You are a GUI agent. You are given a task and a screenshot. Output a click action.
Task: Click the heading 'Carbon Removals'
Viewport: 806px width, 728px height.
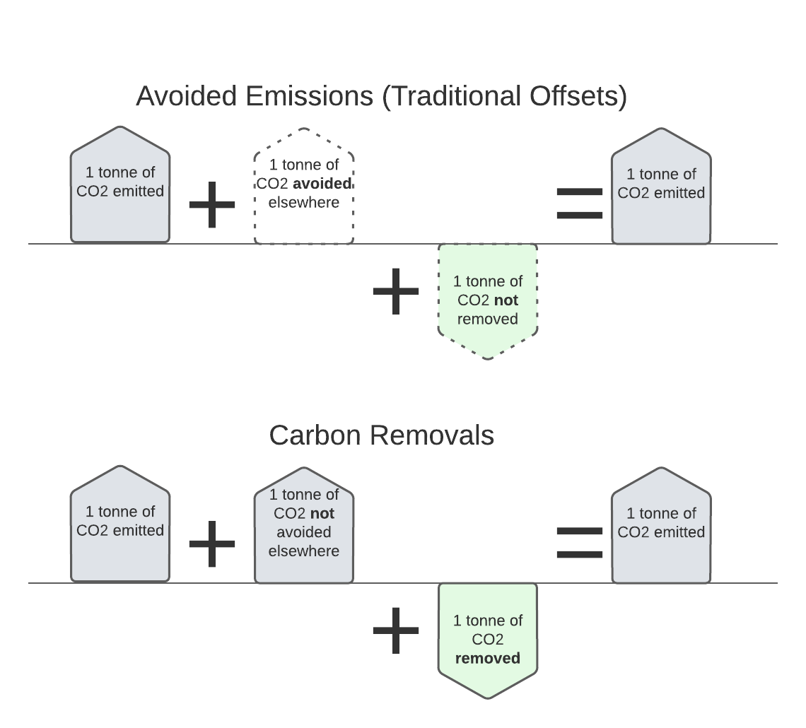[x=381, y=435]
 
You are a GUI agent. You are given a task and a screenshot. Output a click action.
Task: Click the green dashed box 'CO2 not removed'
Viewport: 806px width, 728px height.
[x=487, y=300]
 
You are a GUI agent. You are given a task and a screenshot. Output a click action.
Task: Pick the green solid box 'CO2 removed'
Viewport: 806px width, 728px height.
[x=487, y=639]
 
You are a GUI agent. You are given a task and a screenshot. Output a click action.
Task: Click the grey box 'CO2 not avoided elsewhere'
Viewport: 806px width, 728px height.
[x=303, y=527]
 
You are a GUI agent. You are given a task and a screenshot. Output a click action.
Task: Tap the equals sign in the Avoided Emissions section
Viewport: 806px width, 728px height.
[x=580, y=204]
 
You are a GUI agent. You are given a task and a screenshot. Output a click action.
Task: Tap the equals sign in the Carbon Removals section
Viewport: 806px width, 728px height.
[x=580, y=543]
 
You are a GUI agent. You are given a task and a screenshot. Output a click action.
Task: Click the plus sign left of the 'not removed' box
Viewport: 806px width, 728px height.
[x=396, y=291]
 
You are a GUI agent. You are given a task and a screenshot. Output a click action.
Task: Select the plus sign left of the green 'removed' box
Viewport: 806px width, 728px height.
[x=396, y=630]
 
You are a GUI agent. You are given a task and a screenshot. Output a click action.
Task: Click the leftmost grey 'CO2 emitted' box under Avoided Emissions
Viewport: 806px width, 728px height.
[x=120, y=186]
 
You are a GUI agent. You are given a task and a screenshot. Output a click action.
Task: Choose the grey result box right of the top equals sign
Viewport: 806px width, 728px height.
[x=661, y=187]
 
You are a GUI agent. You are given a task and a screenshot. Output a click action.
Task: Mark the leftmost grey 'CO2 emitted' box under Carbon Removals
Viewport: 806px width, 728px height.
[x=120, y=525]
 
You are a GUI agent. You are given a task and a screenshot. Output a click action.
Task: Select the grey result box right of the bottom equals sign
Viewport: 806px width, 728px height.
[x=661, y=527]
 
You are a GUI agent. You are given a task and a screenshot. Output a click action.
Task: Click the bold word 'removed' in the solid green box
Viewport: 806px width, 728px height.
[x=487, y=659]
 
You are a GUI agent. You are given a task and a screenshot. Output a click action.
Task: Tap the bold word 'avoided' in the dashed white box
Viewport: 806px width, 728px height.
[x=323, y=184]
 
